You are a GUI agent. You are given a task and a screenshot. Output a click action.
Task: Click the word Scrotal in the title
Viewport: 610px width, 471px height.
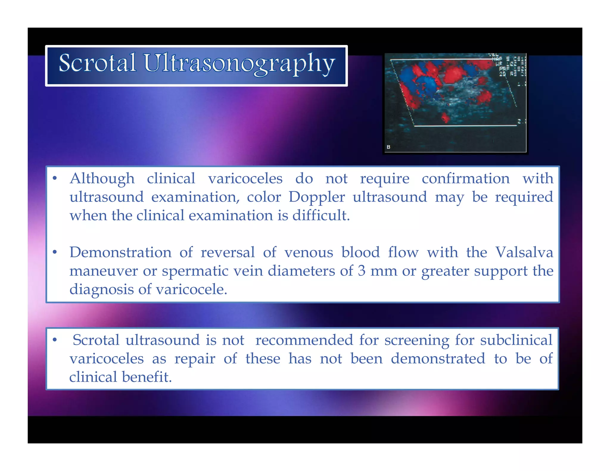tap(97, 63)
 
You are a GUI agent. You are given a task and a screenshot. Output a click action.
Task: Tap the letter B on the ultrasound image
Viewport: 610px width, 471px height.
tap(388, 147)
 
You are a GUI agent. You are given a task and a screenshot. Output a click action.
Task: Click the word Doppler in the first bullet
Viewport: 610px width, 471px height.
tap(317, 197)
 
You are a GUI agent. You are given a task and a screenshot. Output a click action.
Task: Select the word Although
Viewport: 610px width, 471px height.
tap(102, 179)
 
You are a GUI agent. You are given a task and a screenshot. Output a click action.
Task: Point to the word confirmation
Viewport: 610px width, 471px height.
tap(466, 179)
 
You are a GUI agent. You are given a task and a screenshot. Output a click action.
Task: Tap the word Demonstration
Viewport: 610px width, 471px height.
tap(120, 252)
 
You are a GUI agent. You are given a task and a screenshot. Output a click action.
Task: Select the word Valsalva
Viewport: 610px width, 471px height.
tap(524, 252)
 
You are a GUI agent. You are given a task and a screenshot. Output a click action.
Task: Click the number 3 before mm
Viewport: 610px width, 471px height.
tap(361, 271)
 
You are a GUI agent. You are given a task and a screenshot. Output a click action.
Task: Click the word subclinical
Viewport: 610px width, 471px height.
tap(516, 340)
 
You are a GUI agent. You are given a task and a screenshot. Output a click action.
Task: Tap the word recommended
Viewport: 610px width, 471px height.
tap(304, 340)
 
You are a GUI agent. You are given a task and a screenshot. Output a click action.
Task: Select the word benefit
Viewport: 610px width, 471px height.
tap(147, 377)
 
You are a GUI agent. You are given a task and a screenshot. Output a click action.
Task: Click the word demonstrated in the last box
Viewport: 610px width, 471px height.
tap(438, 358)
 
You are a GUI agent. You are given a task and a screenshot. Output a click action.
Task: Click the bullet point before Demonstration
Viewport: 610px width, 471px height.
tap(55, 252)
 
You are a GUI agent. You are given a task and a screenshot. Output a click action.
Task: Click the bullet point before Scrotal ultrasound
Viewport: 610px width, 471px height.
tap(55, 340)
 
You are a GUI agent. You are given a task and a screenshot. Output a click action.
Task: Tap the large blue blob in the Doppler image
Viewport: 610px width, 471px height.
tap(427, 85)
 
